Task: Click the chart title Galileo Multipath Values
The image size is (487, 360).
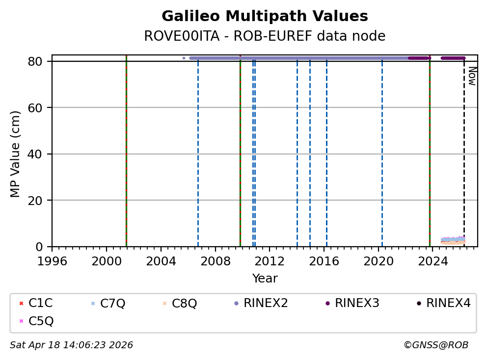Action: click(265, 17)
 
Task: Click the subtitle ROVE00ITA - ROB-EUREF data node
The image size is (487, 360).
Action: click(265, 36)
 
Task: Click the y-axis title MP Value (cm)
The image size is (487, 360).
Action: click(16, 154)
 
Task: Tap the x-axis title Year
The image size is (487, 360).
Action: click(265, 279)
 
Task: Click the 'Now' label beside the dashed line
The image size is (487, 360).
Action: click(472, 76)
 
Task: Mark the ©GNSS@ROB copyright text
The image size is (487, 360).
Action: click(435, 345)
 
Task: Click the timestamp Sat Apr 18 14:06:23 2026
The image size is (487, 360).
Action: click(71, 345)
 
